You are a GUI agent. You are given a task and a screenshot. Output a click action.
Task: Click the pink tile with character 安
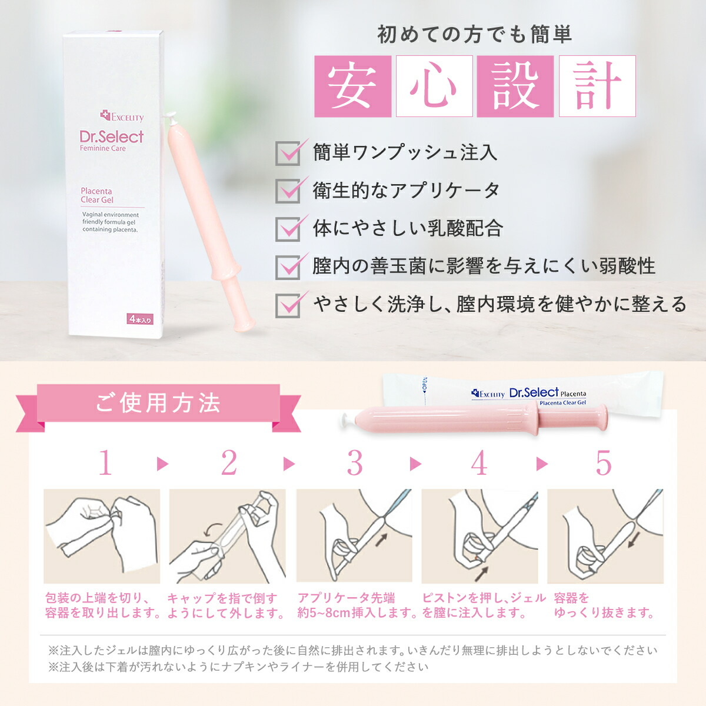coord(353,86)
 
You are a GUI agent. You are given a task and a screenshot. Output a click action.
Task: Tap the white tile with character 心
coord(434,86)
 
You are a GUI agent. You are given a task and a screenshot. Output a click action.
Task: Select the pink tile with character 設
coord(515,86)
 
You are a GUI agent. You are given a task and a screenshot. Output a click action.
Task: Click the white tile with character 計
coord(597,86)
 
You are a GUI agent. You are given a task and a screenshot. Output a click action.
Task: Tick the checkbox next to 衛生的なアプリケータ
coord(288,191)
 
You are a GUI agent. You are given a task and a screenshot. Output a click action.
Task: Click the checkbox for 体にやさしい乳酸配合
coord(288,229)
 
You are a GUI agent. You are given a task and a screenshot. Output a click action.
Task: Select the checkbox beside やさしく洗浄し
coord(288,305)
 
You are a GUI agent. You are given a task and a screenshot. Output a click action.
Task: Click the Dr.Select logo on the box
coord(111,136)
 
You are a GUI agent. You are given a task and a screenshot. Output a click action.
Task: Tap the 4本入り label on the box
coord(139,319)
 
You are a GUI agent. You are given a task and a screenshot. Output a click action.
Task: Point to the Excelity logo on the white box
coord(122,117)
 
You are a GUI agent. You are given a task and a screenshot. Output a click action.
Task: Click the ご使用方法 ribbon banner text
coord(158,403)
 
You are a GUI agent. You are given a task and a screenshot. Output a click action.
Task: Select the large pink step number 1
coord(105,463)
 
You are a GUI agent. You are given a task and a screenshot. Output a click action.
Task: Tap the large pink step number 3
coord(355,463)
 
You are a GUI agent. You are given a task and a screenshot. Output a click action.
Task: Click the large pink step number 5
coord(604,463)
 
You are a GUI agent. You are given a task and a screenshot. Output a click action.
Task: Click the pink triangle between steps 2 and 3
coord(289,464)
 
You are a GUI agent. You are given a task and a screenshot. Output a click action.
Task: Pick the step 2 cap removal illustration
coord(227,536)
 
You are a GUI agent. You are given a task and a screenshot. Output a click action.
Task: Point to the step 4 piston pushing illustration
coord(479,536)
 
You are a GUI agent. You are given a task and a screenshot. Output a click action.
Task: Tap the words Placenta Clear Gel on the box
coord(97,195)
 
